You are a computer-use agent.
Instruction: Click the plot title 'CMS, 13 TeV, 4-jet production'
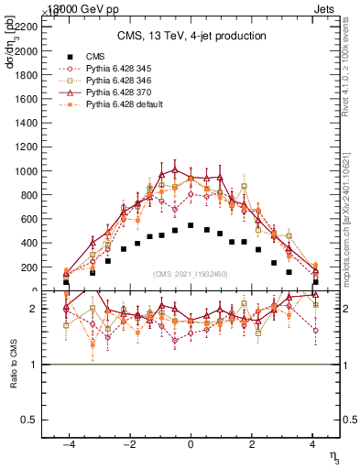[191, 36]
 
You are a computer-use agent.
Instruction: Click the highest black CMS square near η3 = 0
[191, 225]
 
